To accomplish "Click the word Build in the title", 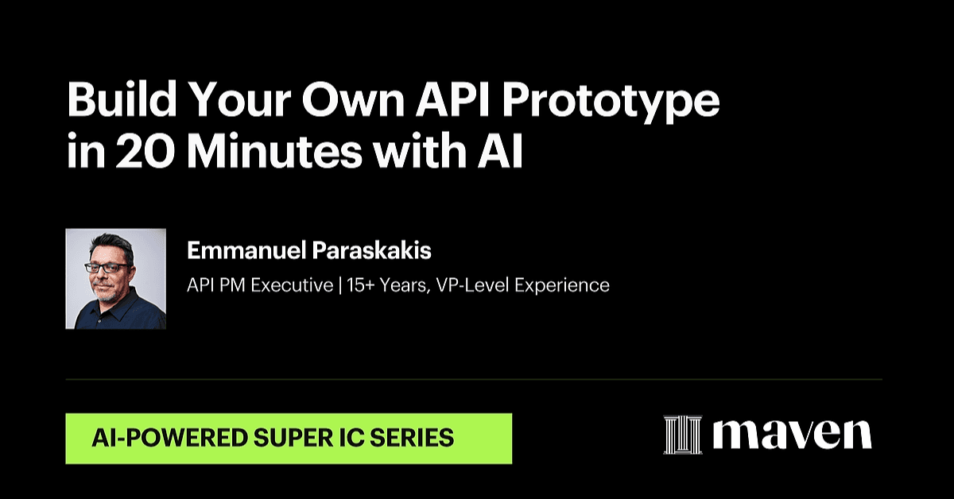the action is coord(122,99).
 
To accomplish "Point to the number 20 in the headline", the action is coord(145,151).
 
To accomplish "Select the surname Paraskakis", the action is coord(372,250).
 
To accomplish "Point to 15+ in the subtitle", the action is coord(360,284).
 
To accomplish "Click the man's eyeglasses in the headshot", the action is coord(107,268).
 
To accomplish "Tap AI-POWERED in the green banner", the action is coord(170,438).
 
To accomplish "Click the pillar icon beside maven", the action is coord(683,435).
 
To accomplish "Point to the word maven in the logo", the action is coord(792,434).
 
